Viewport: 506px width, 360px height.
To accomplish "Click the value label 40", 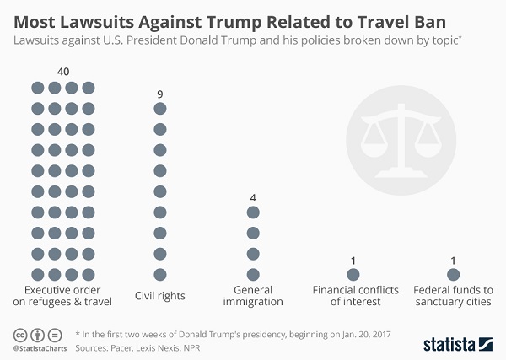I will [x=62, y=72].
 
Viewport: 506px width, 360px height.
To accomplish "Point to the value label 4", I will [x=252, y=197].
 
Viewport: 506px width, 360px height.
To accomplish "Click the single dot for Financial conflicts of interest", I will [x=353, y=274].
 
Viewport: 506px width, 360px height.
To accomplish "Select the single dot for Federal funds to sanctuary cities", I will [x=453, y=274].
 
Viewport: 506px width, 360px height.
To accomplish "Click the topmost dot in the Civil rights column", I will [x=159, y=109].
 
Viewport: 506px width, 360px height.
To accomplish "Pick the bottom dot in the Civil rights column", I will [x=159, y=274].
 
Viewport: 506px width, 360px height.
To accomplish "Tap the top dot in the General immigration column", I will [x=252, y=212].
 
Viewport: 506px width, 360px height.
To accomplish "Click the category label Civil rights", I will [x=159, y=296].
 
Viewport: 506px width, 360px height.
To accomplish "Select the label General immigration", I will [x=252, y=295].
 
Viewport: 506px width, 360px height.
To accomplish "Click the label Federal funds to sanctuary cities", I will [x=453, y=295].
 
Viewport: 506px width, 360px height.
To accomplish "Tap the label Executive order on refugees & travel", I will [x=63, y=295].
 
